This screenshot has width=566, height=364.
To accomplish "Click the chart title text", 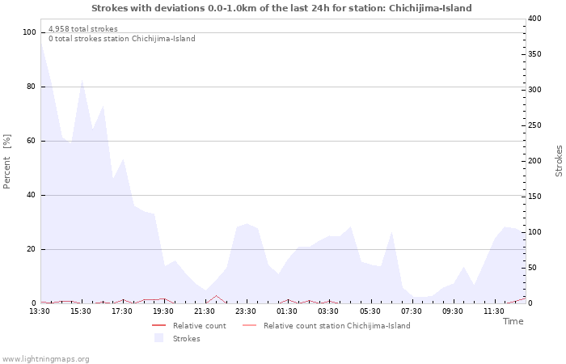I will pos(281,8).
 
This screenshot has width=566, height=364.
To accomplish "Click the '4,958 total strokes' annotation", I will pos(83,29).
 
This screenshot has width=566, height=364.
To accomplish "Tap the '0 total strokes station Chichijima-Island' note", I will pos(121,39).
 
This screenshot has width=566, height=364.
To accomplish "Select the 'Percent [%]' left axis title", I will pos(7,162).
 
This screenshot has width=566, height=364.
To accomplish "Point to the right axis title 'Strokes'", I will pos(559,161).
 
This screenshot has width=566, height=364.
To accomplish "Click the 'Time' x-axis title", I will pos(513,321).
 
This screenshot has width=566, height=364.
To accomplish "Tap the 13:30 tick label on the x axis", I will pos(40,311).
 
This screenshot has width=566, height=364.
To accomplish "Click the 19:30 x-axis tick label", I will pos(163,311).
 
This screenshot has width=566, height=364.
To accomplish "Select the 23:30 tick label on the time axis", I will pos(246,311).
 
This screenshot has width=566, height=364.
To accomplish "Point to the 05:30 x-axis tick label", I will pos(370,311).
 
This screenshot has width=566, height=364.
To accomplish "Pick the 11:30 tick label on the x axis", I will pos(494,311).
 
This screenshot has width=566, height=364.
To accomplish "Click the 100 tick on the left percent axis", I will pos(30,32).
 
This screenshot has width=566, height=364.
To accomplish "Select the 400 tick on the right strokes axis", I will pos(534,19).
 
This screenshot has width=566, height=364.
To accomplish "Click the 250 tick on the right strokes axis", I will pos(534,125).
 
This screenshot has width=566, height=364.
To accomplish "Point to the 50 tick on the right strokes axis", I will pos(532,268).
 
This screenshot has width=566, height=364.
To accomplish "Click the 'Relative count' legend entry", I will pos(199,326).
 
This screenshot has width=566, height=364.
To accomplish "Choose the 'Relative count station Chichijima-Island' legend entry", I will pos(336,326).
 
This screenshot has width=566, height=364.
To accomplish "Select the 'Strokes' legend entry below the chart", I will pos(186,339).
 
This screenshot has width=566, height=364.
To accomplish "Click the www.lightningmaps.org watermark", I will pos(45,359).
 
